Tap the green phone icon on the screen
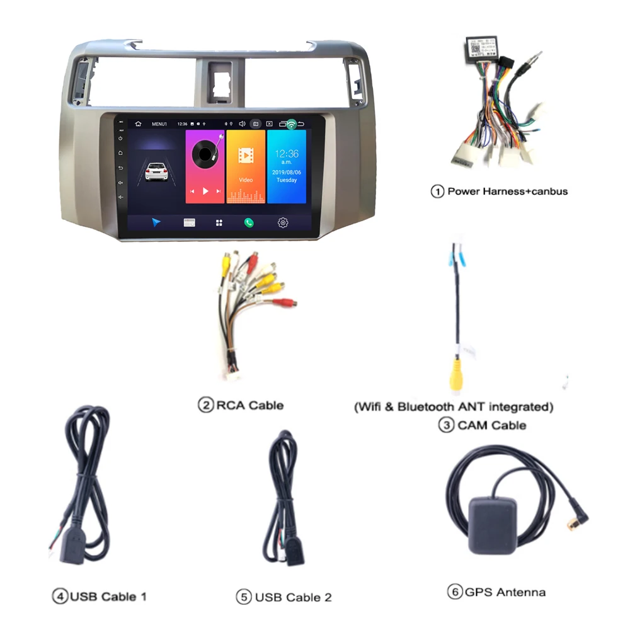249,222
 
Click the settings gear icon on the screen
283,222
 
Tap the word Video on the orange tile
246,180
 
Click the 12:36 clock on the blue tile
287,154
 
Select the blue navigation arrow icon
156,222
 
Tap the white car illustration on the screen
156,171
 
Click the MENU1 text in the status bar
159,124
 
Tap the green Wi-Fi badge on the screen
291,124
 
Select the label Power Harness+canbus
507,191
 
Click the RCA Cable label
249,405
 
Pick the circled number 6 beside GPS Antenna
454,592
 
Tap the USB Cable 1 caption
108,596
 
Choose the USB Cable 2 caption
293,597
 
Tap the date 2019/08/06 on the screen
287,171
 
